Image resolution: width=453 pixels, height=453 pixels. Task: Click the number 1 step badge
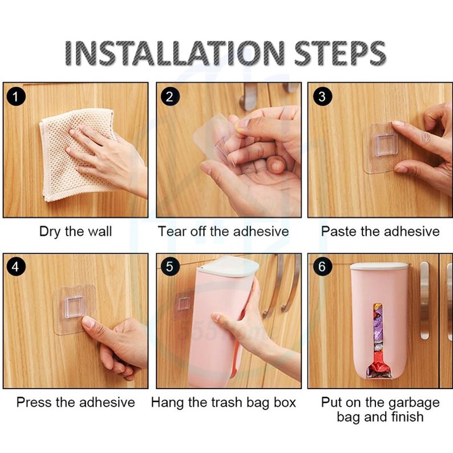pos(16,96)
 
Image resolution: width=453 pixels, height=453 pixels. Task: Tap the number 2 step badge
pos(170,96)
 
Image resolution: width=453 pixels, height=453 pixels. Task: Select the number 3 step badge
pos(322,96)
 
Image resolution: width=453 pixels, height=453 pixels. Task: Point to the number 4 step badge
pos(16,266)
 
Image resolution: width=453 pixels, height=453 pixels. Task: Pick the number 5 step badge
pos(170,266)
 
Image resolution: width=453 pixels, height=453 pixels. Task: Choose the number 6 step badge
pos(322,266)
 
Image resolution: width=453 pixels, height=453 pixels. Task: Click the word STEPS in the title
pos(340,53)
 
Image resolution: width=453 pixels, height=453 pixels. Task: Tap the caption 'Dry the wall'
pos(75,232)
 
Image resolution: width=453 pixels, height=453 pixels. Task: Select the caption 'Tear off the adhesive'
pos(223,232)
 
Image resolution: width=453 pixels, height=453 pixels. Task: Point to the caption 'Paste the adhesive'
pos(380,232)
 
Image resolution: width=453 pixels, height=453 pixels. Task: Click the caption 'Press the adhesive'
pos(76,402)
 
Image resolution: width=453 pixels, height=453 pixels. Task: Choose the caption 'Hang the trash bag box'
pos(223,403)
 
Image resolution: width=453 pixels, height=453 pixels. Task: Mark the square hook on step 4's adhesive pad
pos(75,307)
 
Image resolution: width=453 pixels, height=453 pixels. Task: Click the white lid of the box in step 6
pos(379,266)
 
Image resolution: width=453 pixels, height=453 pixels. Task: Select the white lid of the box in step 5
pos(228,266)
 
